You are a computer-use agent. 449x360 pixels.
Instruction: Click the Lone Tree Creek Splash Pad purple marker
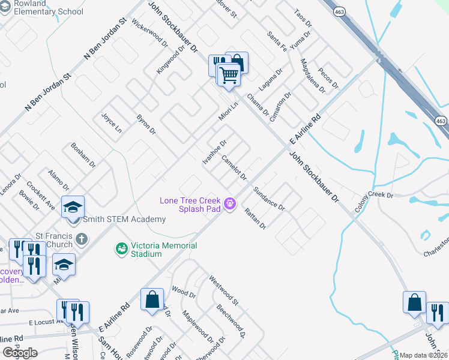click(x=229, y=205)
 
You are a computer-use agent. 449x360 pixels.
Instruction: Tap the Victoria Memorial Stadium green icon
click(x=121, y=248)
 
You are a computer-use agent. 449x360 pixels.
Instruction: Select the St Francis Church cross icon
click(x=82, y=239)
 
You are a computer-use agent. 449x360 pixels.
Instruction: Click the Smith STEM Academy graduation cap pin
click(x=73, y=208)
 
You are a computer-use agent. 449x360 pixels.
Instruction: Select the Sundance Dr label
click(x=268, y=198)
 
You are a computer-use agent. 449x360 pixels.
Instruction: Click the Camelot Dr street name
click(x=234, y=167)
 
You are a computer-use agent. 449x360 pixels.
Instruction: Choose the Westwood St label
click(x=223, y=289)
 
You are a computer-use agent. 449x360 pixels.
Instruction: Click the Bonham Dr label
click(x=83, y=155)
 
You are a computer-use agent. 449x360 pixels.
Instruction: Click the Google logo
click(x=20, y=353)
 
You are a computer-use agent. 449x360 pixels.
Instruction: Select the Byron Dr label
click(x=146, y=124)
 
